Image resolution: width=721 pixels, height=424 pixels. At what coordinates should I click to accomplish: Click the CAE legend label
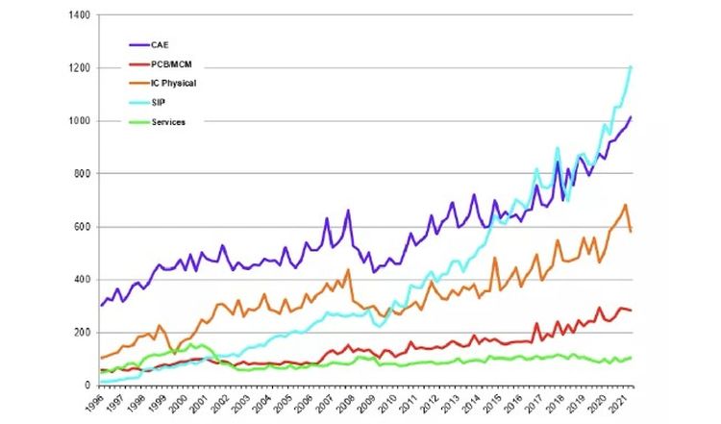click(x=160, y=44)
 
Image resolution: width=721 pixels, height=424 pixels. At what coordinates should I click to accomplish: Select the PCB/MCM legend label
click(x=171, y=64)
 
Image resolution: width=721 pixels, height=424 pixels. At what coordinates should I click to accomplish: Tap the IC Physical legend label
click(x=174, y=84)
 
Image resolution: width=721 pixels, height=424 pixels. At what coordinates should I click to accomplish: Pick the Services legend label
click(x=168, y=122)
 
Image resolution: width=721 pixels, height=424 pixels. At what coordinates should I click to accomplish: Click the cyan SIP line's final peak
click(x=631, y=66)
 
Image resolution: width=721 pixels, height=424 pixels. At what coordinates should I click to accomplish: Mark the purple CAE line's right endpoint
click(x=631, y=117)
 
